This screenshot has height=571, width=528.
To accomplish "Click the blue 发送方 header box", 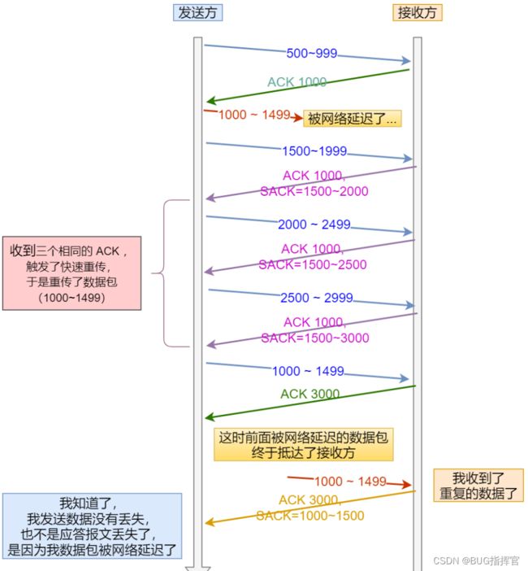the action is click(x=197, y=13).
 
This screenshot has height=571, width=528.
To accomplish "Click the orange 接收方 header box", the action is click(x=417, y=13).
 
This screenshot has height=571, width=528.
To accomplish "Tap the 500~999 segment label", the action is click(x=312, y=53).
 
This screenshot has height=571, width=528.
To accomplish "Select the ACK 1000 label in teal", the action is click(x=296, y=82).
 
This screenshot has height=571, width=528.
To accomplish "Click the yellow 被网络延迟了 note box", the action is click(x=353, y=119).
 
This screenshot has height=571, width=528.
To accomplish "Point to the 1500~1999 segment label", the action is click(x=314, y=150).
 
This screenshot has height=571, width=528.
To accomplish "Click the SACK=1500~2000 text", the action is click(x=314, y=191).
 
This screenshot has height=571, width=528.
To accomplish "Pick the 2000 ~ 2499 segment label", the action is click(x=314, y=224).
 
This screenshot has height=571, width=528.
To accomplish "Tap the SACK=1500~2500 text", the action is click(x=313, y=264).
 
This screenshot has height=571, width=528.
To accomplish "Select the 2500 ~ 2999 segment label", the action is click(x=316, y=298).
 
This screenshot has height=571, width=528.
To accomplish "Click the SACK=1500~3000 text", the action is click(x=315, y=338).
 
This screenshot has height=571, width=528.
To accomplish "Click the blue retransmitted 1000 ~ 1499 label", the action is click(x=308, y=371).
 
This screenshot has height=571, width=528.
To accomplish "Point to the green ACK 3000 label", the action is click(x=309, y=394).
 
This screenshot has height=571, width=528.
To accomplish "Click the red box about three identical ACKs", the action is click(x=71, y=273).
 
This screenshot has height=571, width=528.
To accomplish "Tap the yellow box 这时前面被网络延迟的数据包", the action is click(x=303, y=445).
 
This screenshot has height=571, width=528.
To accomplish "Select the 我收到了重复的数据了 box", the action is click(x=478, y=486).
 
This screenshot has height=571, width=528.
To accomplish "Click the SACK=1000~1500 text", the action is click(x=310, y=516).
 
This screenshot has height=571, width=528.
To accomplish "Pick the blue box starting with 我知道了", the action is click(x=92, y=525).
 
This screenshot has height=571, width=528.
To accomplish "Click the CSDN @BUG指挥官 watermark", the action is click(x=476, y=560).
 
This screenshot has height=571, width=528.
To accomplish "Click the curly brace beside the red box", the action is click(x=162, y=273).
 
